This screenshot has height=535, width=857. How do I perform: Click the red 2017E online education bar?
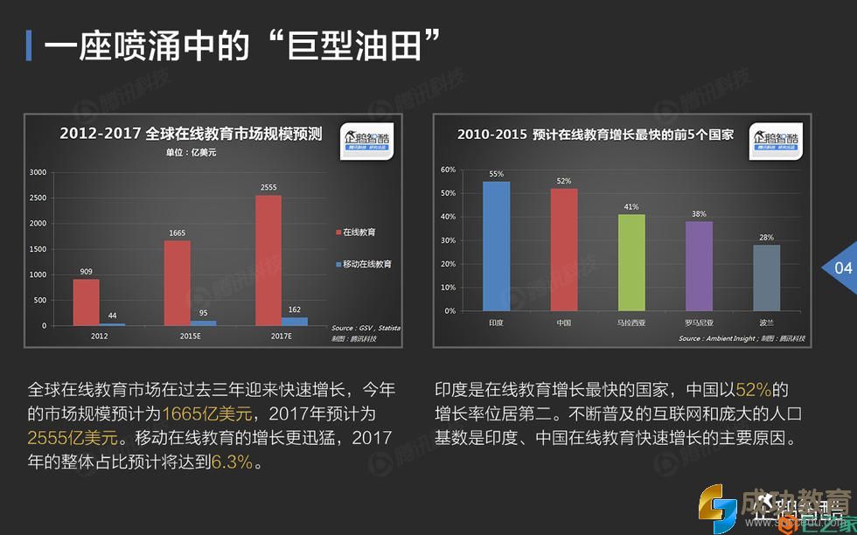pyautogui.click(x=268, y=260)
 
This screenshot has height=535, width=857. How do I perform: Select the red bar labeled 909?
pyautogui.click(x=86, y=302)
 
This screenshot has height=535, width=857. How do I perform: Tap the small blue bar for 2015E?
pyautogui.click(x=203, y=323)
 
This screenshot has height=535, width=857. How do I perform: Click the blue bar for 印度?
pyautogui.click(x=496, y=246)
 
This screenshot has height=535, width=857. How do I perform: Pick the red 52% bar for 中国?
pyautogui.click(x=564, y=249)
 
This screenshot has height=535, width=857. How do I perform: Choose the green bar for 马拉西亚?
pyautogui.click(x=631, y=262)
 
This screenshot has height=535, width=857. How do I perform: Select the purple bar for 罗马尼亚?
pyautogui.click(x=699, y=266)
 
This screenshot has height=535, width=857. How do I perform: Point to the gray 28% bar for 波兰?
pyautogui.click(x=766, y=277)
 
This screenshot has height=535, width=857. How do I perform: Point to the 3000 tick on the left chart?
pyautogui.click(x=38, y=172)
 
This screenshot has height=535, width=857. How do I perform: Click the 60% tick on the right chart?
pyautogui.click(x=448, y=170)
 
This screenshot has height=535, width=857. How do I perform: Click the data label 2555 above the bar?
pyautogui.click(x=268, y=187)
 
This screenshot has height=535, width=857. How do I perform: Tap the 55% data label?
pyautogui.click(x=496, y=174)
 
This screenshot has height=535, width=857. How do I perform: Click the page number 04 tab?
pyautogui.click(x=842, y=268)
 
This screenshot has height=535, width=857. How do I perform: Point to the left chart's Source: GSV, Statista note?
pyautogui.click(x=365, y=329)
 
